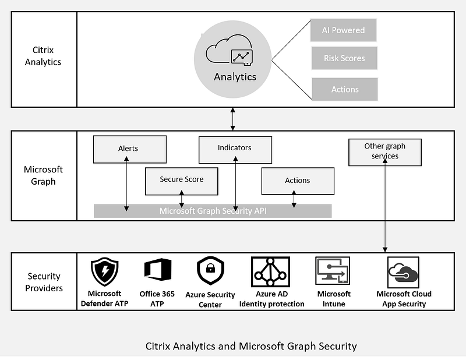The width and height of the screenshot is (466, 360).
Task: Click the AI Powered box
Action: [343, 30]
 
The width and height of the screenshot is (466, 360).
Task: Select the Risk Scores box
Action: [344, 58]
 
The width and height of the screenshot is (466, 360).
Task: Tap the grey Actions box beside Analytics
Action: [345, 89]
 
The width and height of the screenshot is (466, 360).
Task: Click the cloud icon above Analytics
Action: [229, 50]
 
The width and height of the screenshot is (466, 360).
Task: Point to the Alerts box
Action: [130, 149]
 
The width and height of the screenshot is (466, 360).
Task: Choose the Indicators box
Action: [235, 150]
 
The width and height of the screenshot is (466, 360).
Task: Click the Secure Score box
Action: [182, 181]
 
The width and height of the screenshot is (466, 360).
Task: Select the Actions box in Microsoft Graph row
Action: [298, 181]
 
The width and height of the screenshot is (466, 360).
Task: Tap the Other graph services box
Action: [385, 152]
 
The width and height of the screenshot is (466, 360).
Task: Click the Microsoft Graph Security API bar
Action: [213, 211]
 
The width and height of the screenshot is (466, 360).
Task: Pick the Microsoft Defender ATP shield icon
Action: [105, 271]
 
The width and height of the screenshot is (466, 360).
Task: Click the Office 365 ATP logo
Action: [158, 269]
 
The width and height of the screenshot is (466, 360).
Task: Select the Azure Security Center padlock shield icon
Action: [210, 271]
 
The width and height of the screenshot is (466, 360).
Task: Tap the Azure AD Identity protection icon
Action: [270, 271]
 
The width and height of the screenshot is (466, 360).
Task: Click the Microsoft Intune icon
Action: [333, 271]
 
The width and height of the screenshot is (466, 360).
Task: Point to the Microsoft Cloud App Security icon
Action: [403, 272]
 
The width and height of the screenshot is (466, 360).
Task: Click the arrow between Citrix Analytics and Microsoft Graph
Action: [232, 119]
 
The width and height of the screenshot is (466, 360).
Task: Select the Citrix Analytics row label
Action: [43, 56]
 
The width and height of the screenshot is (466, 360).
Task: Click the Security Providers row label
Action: [44, 282]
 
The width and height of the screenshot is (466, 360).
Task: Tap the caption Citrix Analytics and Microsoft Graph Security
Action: [251, 346]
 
